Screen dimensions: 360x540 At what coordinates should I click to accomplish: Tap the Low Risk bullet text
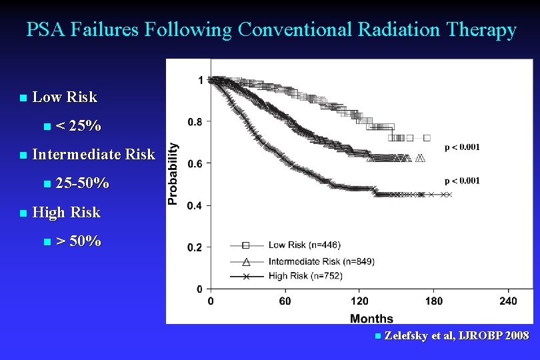pyautogui.click(x=65, y=97)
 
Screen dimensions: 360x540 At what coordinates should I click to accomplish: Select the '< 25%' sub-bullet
pyautogui.click(x=79, y=126)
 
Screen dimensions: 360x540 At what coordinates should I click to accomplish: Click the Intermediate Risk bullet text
pyautogui.click(x=93, y=155)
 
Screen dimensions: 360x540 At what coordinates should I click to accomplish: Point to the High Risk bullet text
pyautogui.click(x=66, y=213)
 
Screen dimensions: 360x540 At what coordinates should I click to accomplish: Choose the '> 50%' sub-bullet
pyautogui.click(x=79, y=241)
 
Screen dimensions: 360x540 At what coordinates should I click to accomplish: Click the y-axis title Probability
pyautogui.click(x=173, y=173)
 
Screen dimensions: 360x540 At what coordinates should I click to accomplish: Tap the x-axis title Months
pyautogui.click(x=371, y=318)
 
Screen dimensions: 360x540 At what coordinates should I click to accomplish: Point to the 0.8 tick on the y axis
pyautogui.click(x=195, y=122)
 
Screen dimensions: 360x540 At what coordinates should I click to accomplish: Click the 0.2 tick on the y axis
pyautogui.click(x=195, y=247)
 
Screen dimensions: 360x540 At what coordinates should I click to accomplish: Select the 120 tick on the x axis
pyautogui.click(x=359, y=301)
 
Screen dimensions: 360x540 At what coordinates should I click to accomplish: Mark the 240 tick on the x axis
pyautogui.click(x=508, y=301)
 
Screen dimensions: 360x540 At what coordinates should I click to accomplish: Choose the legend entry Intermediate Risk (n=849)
pyautogui.click(x=321, y=261)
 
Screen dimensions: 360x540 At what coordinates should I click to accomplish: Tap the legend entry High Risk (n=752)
pyautogui.click(x=305, y=276)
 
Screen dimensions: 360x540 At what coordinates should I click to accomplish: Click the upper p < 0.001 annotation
pyautogui.click(x=471, y=147)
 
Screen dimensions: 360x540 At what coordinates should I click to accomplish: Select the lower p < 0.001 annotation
pyautogui.click(x=471, y=181)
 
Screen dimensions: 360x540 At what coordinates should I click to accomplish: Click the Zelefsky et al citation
pyautogui.click(x=457, y=335)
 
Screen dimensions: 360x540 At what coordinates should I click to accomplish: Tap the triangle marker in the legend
pyautogui.click(x=245, y=261)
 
